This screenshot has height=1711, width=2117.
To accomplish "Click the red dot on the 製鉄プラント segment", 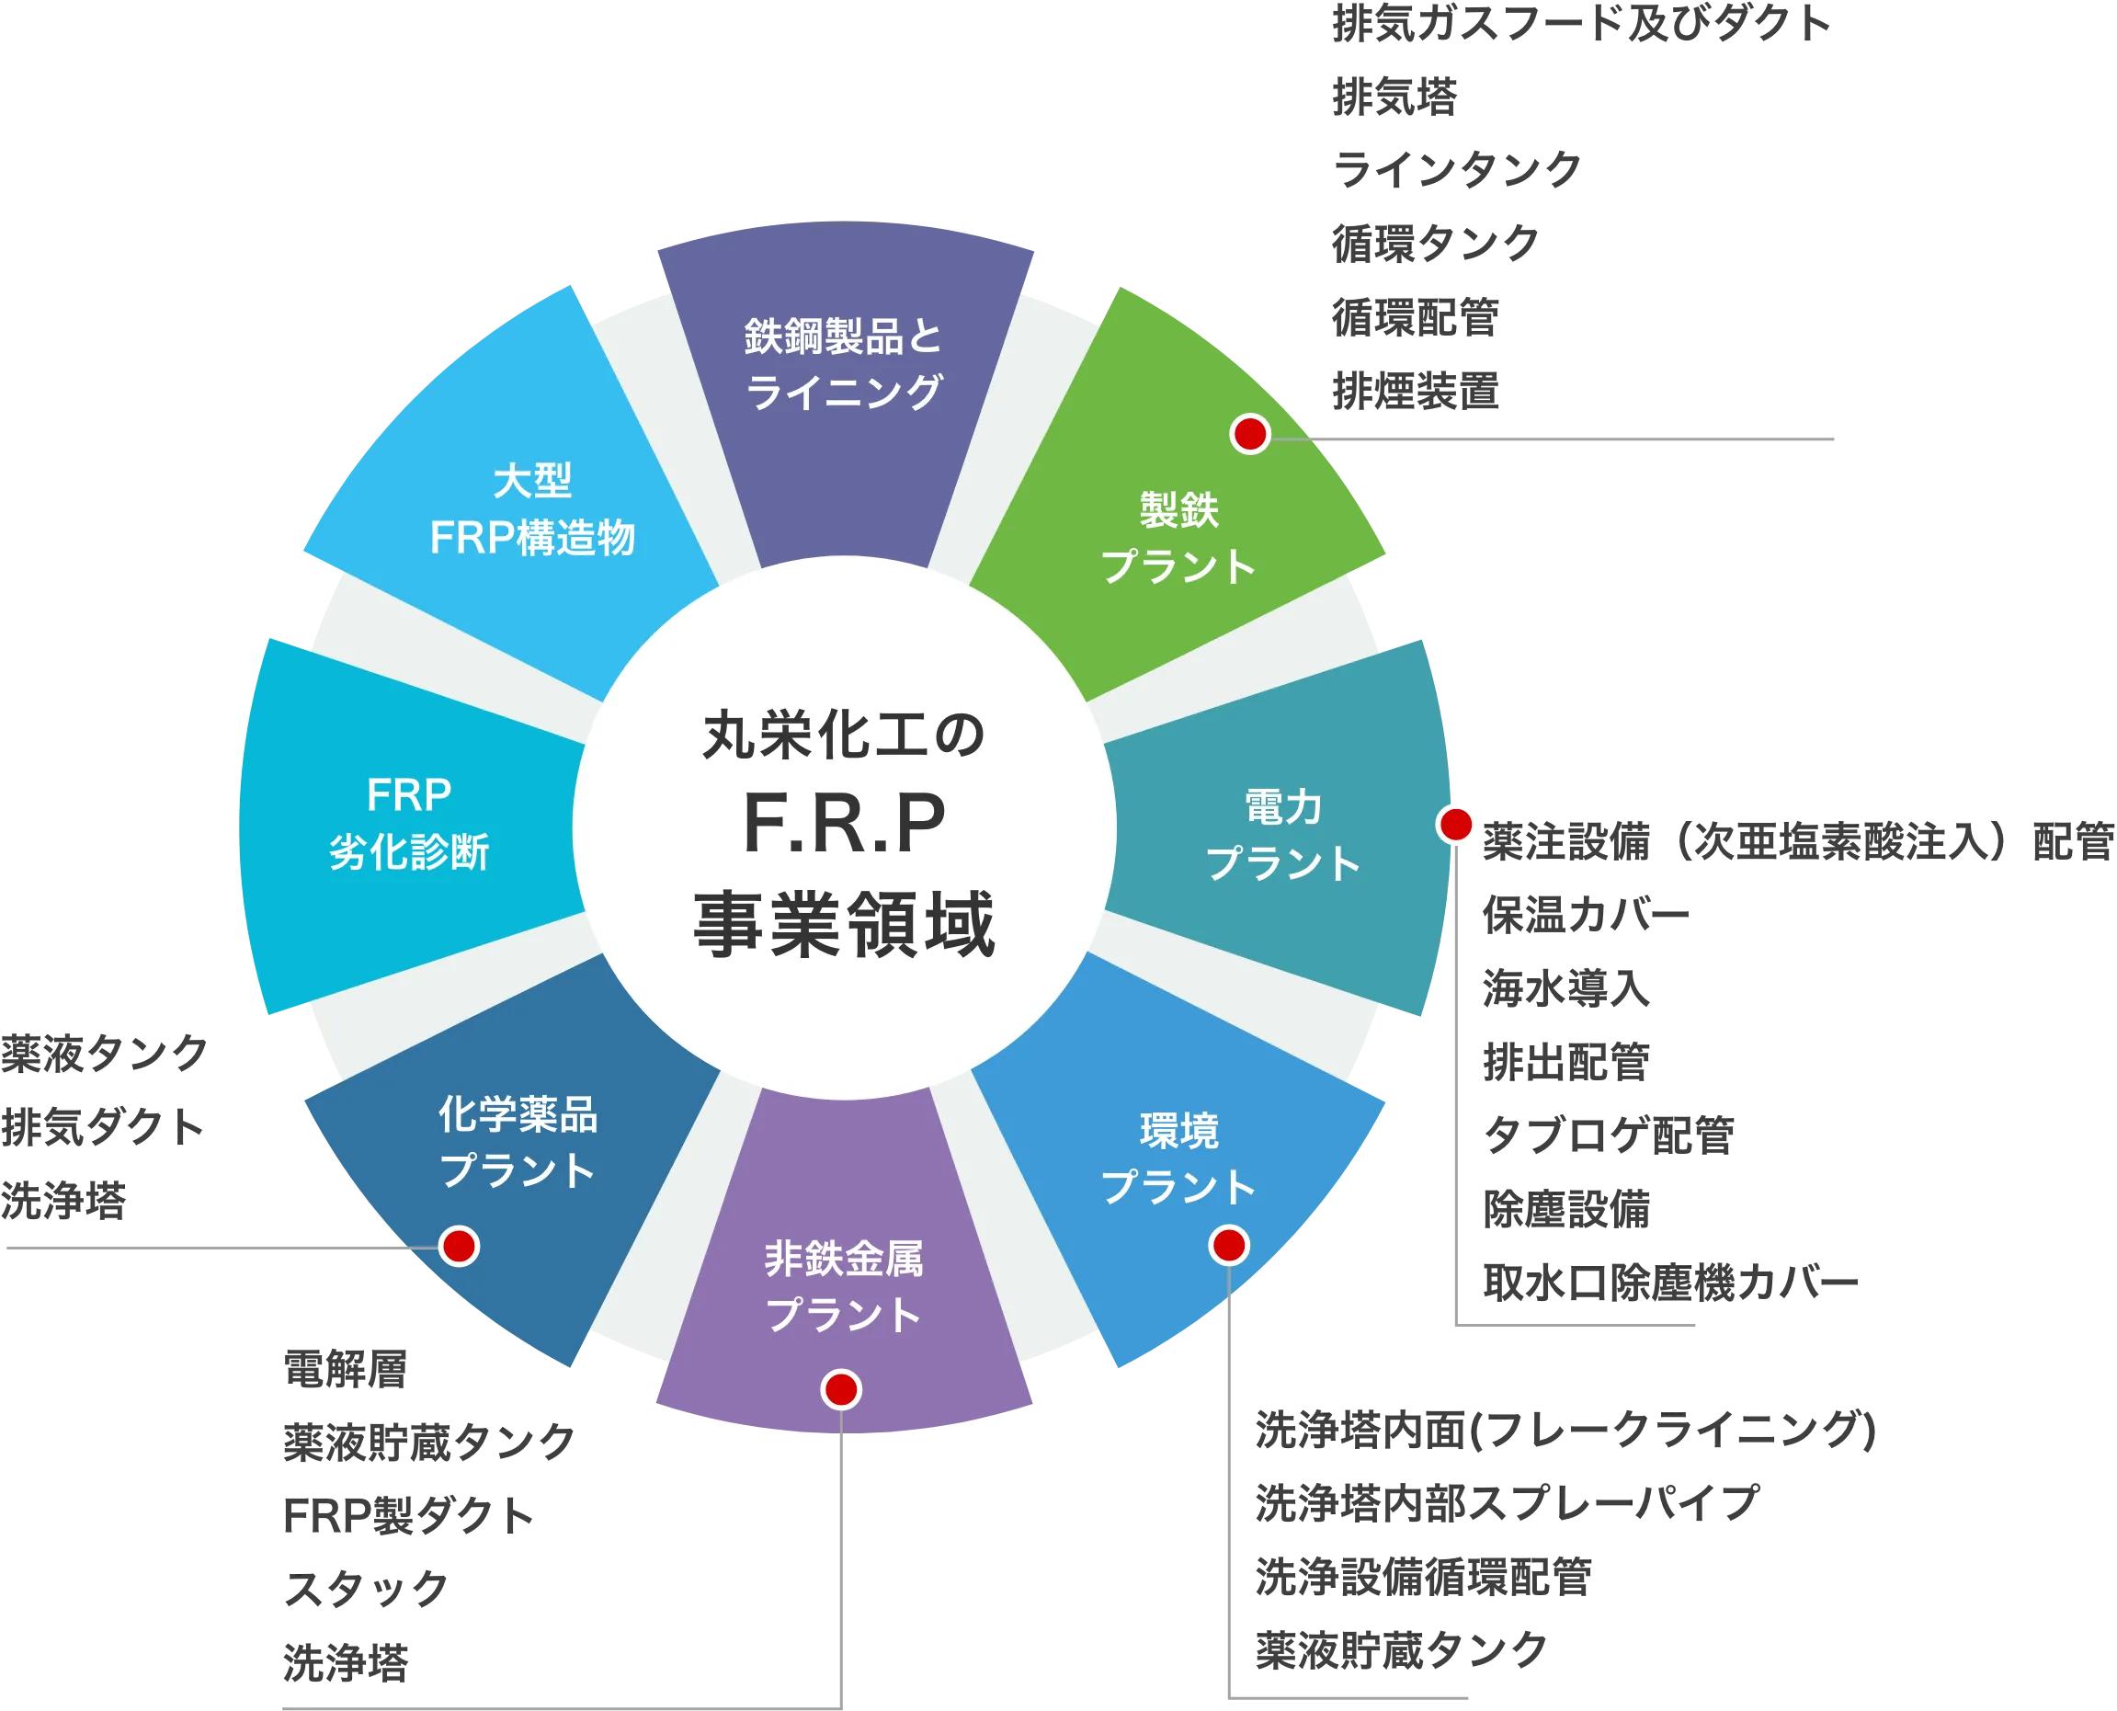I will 1249,434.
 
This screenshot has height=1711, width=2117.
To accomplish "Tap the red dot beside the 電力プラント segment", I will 1456,824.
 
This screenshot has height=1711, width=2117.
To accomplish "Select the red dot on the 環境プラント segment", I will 1228,1246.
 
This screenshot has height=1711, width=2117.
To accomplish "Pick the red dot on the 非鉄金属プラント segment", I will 841,1390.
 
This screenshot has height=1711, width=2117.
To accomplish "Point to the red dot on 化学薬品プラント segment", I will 460,1246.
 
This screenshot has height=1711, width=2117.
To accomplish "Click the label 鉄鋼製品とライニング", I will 844,364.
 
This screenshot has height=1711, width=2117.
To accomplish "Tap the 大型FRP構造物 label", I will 532,509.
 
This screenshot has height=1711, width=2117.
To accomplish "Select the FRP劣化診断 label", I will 409,823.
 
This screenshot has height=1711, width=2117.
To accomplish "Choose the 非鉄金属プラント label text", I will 844,1287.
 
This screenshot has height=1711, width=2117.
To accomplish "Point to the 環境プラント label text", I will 1178,1158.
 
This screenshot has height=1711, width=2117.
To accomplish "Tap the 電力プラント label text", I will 1283,835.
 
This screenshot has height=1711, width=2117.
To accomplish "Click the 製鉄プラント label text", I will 1178,538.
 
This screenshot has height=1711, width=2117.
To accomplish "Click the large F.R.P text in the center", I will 844,824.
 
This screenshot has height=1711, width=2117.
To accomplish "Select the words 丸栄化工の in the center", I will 844,736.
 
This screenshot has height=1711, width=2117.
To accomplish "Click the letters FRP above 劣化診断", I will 409,795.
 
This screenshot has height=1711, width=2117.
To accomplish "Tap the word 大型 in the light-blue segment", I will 532,482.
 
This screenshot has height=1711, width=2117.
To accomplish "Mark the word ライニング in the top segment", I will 844,393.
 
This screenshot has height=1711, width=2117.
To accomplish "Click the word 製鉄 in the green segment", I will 1178,510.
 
